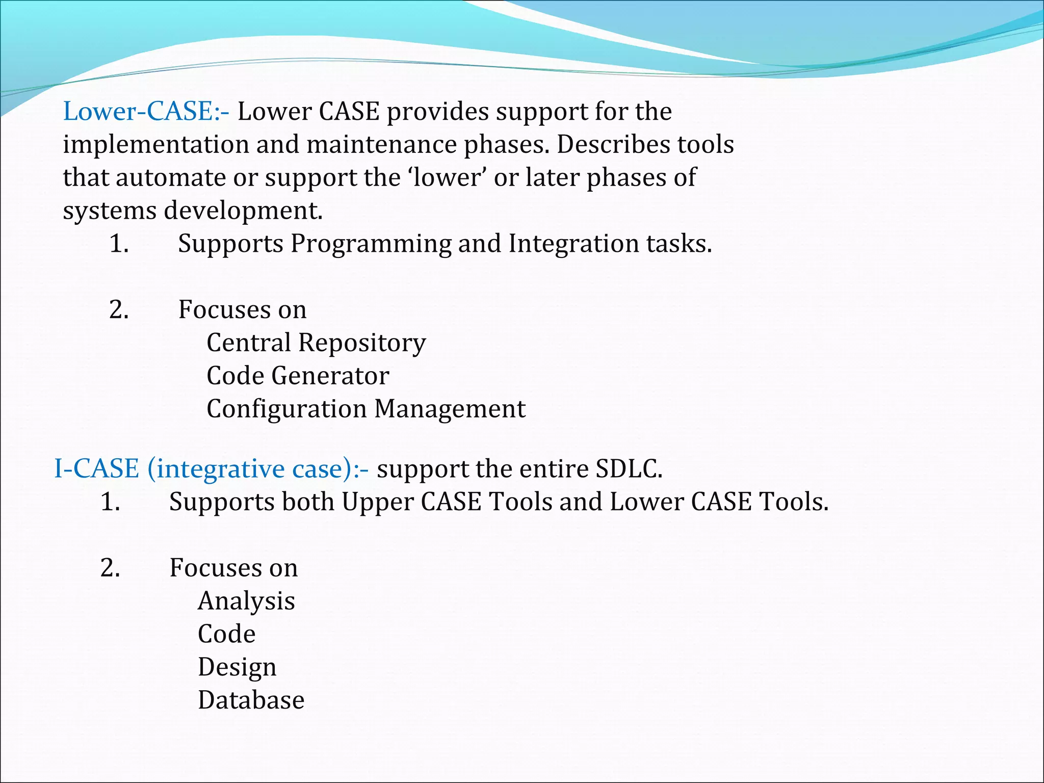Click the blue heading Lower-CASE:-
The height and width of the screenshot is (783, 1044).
click(x=146, y=112)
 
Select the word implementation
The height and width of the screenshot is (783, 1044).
click(x=155, y=145)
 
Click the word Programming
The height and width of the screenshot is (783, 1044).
click(x=371, y=244)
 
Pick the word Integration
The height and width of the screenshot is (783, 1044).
click(x=573, y=244)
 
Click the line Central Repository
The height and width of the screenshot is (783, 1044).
click(x=316, y=343)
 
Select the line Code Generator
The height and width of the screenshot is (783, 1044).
click(x=298, y=376)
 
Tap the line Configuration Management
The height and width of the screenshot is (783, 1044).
click(x=366, y=409)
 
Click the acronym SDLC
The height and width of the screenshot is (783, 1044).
click(x=629, y=469)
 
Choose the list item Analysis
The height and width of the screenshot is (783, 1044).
click(x=246, y=601)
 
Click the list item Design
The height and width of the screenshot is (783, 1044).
click(x=237, y=667)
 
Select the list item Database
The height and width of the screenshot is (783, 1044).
click(x=251, y=700)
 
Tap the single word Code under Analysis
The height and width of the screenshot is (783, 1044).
click(x=226, y=634)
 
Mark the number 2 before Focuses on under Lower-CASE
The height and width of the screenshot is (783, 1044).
click(x=118, y=310)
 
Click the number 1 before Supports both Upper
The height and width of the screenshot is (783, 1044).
click(x=110, y=502)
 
